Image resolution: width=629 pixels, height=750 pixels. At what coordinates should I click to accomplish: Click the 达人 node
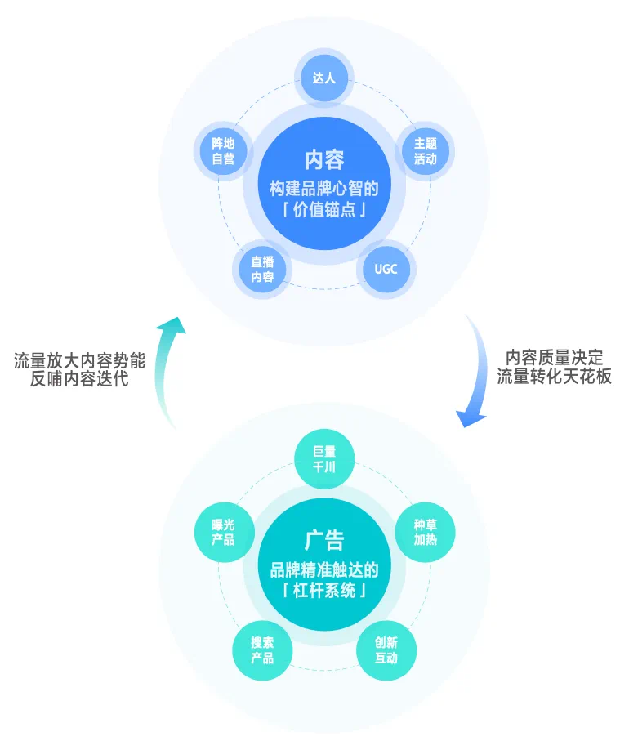coord(324,78)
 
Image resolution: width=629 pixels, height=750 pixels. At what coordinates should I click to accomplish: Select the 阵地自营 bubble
coord(223,151)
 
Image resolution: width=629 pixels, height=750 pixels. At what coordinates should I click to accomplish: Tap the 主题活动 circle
coord(425,151)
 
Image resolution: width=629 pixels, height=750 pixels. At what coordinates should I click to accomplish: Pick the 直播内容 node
coord(261,270)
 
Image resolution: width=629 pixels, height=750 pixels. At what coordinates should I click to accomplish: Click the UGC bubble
coord(386,268)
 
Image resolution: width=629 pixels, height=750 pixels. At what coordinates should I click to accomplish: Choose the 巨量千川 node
coord(324,459)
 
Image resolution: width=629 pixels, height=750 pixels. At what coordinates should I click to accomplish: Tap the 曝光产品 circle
coord(223,532)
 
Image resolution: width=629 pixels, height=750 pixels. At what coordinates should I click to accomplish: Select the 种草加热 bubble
coord(425,532)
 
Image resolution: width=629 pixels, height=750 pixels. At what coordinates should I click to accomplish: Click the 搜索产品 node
coord(261,650)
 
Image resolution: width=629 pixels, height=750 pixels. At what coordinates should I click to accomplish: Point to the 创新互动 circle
coord(386,650)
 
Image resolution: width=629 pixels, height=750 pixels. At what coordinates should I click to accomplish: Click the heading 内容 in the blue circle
coord(324,158)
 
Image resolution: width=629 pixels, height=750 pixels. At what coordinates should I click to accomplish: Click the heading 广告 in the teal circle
coord(324,540)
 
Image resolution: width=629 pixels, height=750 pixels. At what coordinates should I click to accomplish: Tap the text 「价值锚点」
coord(324,210)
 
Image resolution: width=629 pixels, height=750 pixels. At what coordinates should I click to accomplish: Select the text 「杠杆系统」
coord(324,591)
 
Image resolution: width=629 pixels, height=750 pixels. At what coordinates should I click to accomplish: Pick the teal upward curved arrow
coord(168,368)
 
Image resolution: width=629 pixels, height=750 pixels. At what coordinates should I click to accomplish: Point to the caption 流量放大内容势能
coord(79,361)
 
